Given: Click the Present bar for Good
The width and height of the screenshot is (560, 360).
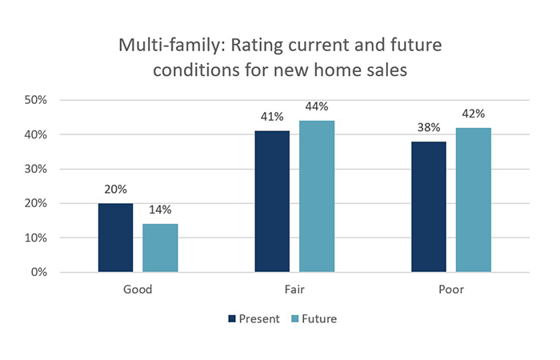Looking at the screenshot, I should (x=115, y=238).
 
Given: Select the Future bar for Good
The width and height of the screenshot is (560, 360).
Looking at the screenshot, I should (x=160, y=248).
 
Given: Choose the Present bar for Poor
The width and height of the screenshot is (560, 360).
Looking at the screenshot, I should (x=429, y=206).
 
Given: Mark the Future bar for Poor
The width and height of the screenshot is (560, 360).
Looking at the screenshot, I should (x=474, y=200).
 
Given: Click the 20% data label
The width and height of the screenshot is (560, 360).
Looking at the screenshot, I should (x=115, y=191).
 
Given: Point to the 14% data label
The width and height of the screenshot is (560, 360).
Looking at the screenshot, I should (x=160, y=211).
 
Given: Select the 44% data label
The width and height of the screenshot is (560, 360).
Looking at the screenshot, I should (x=317, y=106).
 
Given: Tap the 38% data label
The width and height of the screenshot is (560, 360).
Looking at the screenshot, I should (x=429, y=128).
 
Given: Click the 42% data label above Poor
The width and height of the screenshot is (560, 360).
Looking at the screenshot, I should (x=474, y=114).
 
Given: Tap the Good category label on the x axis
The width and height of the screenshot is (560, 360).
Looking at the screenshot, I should (x=138, y=290).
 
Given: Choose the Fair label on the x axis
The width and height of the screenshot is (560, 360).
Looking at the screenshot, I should (x=294, y=290).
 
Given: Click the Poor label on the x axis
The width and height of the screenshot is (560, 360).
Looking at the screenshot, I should (x=451, y=290).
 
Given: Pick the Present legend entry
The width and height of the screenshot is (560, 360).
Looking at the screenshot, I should (x=254, y=318).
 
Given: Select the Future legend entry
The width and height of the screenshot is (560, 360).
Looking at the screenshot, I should (x=313, y=318).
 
